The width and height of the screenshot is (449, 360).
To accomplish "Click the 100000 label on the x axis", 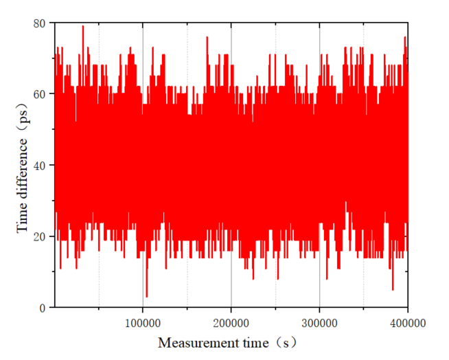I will pos(142,321).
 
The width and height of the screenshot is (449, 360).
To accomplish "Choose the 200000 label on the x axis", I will pos(231,321).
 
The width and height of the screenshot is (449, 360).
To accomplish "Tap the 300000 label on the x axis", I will pos(319,321).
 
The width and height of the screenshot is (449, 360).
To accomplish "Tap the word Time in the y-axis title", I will pos(23,218).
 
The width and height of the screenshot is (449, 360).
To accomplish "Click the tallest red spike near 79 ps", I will pos(83,27).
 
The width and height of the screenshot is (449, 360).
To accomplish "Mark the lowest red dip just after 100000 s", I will pos(146,295).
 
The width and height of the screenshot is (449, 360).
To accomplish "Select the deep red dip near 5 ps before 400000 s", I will pos(393,289).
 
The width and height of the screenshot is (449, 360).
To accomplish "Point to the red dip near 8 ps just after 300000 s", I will pos(326,278).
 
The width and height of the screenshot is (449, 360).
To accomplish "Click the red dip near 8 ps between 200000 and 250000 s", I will pos(253,278).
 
